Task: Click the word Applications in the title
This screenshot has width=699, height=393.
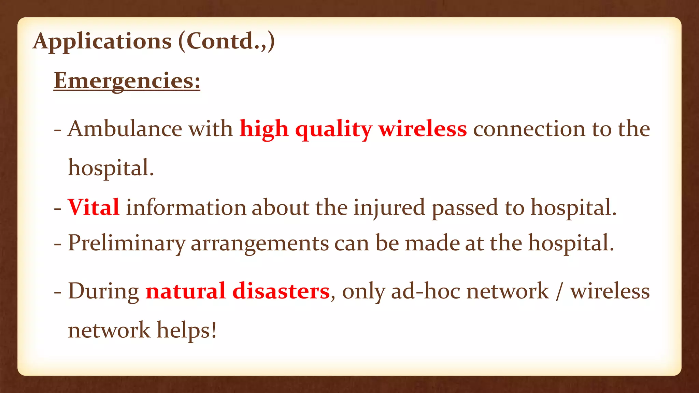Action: tap(102, 42)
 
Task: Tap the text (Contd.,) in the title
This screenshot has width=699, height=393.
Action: tap(226, 42)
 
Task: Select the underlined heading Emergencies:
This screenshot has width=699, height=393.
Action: tap(127, 81)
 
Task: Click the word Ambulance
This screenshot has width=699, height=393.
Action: tap(125, 129)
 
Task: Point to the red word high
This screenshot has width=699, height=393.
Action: tap(264, 129)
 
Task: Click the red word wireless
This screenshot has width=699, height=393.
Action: tap(423, 129)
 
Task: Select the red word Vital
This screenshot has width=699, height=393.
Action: tap(94, 207)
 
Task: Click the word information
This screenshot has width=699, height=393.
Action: tap(186, 207)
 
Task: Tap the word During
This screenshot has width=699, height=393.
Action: tap(103, 292)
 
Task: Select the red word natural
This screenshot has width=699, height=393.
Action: tap(185, 292)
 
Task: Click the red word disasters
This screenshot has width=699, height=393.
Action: tap(281, 292)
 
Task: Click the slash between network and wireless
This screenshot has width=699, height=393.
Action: tap(559, 292)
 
